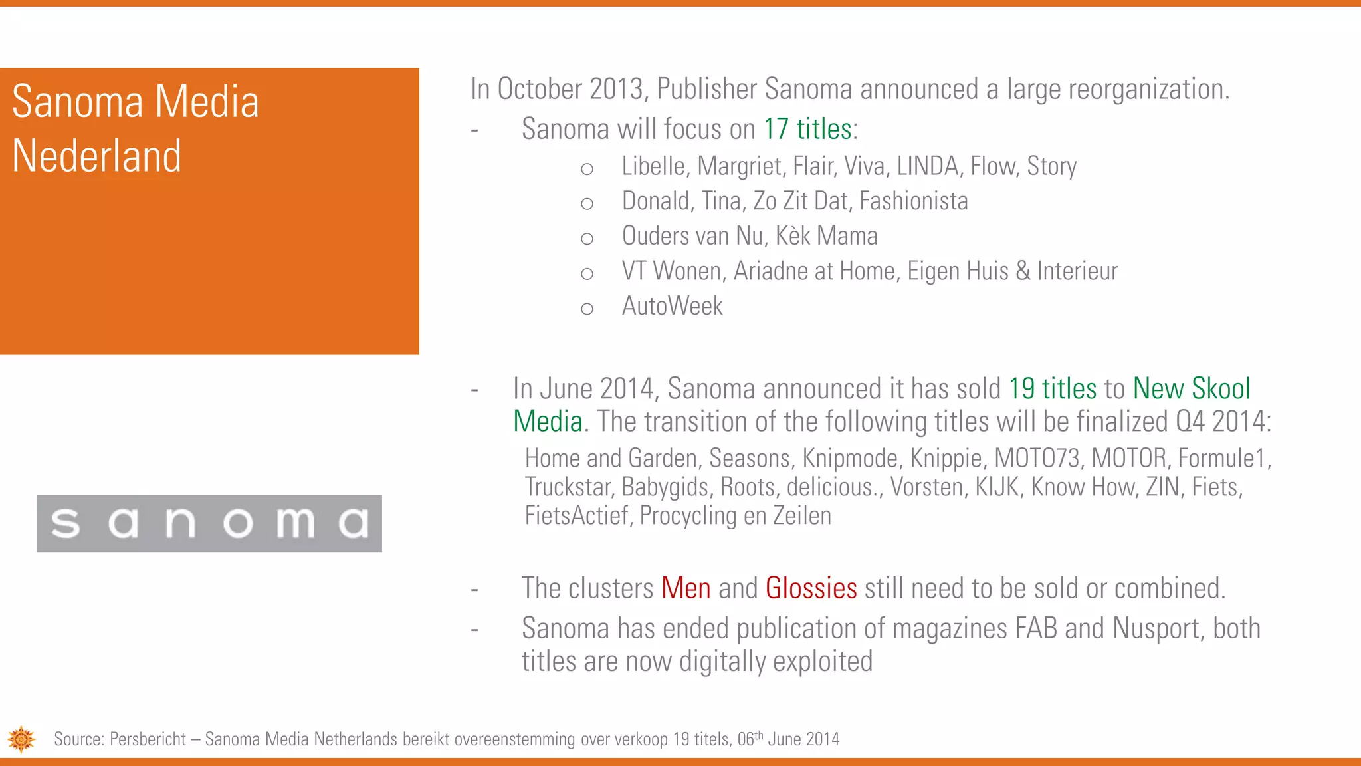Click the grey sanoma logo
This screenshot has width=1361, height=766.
tap(209, 523)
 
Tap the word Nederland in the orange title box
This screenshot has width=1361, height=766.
tap(97, 156)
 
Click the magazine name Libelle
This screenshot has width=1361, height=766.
tap(653, 166)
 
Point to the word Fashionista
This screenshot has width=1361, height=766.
tap(913, 201)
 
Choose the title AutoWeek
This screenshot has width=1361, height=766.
tap(672, 306)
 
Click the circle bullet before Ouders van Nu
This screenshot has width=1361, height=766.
tap(587, 239)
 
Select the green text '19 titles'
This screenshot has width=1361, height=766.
tap(1052, 389)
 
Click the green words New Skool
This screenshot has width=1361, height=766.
tap(1192, 389)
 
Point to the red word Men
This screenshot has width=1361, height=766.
tap(686, 588)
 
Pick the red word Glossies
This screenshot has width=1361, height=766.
tap(811, 588)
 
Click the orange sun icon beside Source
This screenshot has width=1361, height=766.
tap(21, 739)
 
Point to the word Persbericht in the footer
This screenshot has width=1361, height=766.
tap(148, 739)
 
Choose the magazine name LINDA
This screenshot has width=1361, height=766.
tap(928, 166)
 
